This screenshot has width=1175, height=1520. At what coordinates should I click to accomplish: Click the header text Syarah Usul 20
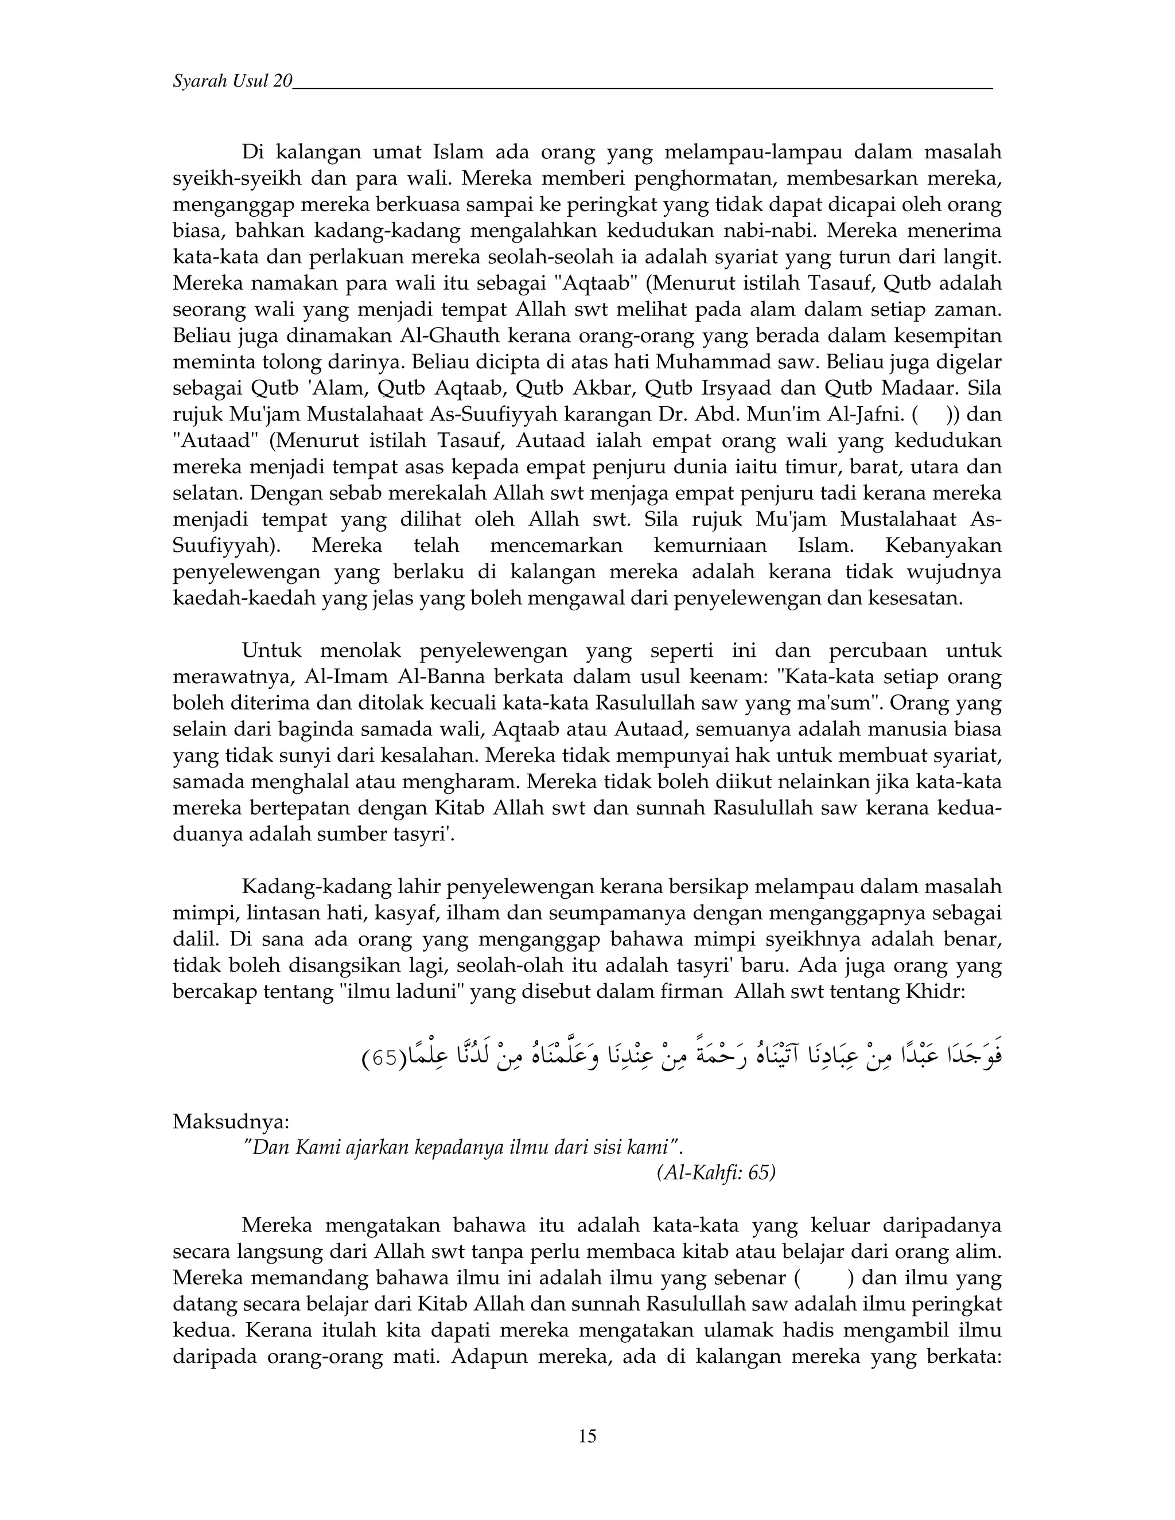pos(232,81)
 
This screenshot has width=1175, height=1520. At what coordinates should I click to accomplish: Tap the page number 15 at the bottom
pos(587,1436)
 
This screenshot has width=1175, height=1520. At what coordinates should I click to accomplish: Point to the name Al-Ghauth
pos(450,336)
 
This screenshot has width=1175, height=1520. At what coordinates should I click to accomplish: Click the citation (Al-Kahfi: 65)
pos(715,1174)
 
